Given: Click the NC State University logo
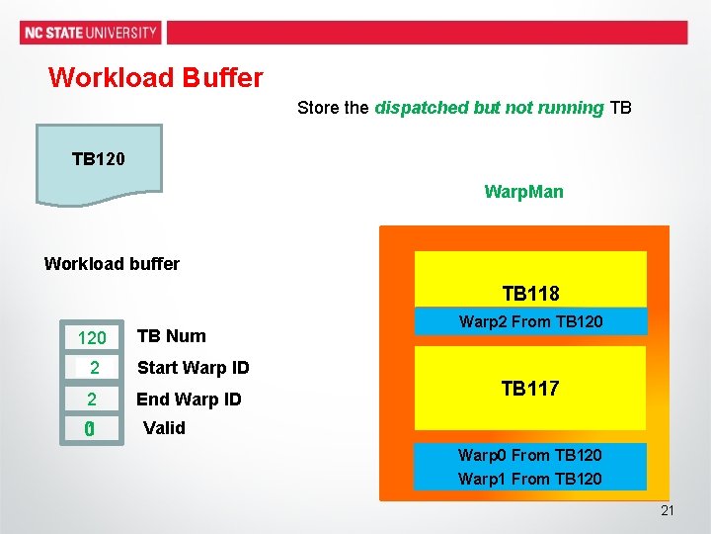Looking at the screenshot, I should [90, 33].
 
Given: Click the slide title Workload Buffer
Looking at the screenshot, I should [155, 77].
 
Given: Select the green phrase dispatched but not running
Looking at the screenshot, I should [489, 108].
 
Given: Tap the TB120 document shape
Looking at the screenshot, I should [99, 162].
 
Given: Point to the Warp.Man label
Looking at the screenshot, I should [523, 192].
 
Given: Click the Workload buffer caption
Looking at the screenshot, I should [112, 263].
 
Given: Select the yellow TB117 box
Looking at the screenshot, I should [530, 389].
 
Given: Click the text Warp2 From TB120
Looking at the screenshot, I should [530, 321].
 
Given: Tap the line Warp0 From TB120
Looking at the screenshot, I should [530, 456].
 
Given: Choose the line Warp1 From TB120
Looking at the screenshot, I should [530, 479].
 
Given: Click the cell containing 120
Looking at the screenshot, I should [92, 338].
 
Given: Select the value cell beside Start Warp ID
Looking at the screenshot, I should [92, 368].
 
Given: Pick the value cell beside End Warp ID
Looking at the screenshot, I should [92, 400].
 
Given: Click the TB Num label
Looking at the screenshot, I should [171, 336].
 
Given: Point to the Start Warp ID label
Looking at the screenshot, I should [193, 368].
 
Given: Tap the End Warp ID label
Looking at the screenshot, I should [189, 400].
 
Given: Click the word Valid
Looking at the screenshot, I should [164, 428].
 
